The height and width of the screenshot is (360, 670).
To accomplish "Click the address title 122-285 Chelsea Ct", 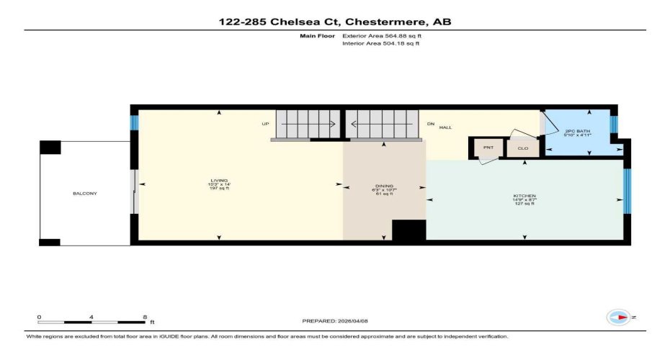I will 335,22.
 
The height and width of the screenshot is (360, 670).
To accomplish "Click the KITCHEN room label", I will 524,196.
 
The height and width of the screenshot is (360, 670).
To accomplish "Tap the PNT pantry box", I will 488,148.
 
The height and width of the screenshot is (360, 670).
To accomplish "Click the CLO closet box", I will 523,148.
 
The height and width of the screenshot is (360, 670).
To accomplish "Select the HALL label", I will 445,127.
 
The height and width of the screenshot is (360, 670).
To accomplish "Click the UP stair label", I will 265,124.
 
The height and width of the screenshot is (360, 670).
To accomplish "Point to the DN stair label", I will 431,124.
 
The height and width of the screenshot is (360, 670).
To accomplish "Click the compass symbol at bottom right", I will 617,317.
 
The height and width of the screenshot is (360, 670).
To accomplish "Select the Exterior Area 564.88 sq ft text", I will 380,35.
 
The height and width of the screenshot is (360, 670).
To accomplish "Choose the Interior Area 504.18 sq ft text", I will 380,43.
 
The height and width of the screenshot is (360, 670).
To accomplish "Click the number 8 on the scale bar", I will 145,317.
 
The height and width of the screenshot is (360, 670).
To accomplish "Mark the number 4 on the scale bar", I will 91,317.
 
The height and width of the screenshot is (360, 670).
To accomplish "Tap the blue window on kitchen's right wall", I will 627,191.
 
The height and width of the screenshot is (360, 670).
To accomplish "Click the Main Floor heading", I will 315,35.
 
